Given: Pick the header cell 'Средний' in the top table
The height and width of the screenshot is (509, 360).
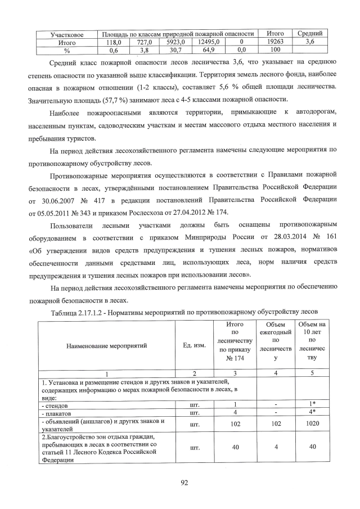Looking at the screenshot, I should click(309, 34).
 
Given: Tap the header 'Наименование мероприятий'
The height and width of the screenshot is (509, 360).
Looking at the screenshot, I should click(106, 346).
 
